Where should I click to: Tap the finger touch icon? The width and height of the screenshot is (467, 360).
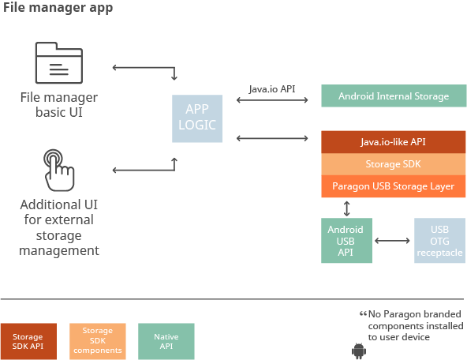[x=58, y=167]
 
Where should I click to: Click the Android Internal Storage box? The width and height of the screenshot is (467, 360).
[x=393, y=96]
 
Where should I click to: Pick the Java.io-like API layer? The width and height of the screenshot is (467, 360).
[x=393, y=141]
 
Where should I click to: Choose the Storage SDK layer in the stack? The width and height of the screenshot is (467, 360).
[x=393, y=164]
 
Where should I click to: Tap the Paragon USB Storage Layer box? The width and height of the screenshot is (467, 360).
[x=393, y=186]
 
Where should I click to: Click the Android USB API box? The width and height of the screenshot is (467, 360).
[x=346, y=240]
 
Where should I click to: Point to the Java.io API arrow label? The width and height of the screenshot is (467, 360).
[x=273, y=89]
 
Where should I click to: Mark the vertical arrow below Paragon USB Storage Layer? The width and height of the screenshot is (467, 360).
[x=346, y=208]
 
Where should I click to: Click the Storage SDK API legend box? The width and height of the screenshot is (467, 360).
[x=28, y=340]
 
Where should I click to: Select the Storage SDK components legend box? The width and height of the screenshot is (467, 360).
[x=98, y=340]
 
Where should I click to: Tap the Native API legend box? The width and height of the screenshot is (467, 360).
[x=166, y=340]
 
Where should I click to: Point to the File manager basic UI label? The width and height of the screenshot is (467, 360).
[x=59, y=104]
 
